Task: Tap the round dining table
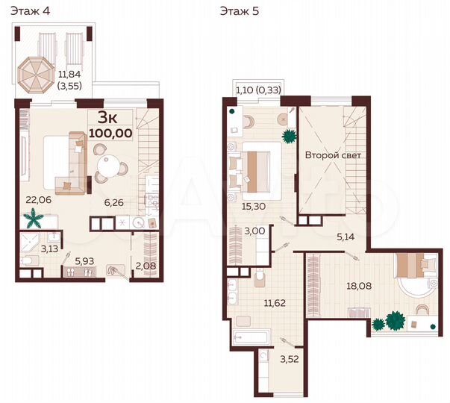coord(109,166)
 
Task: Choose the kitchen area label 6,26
coord(114,200)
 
